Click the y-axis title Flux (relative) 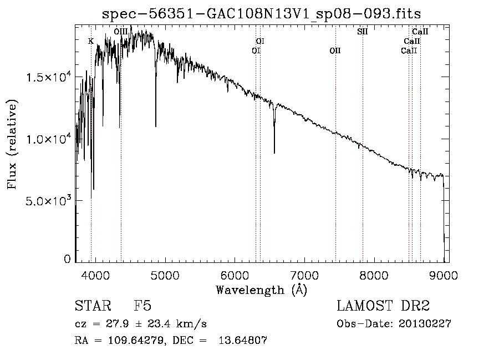pos(12,144)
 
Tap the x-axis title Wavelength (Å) pos(261,290)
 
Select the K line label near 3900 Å pos(91,40)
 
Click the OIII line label pos(121,32)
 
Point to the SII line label pos(363,32)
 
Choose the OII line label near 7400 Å pos(335,50)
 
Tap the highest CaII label pos(420,32)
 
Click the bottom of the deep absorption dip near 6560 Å pos(274,153)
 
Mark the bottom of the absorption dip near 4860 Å pos(156,126)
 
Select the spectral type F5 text pos(142,306)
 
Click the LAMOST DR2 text pos(383,306)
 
